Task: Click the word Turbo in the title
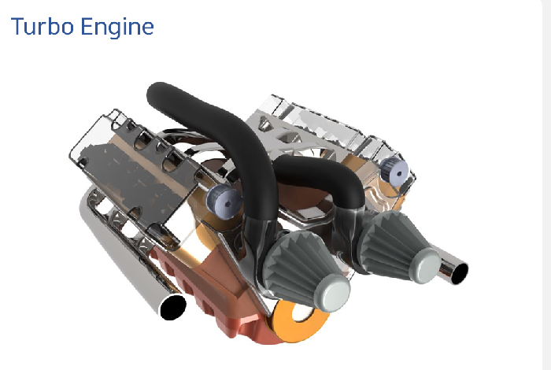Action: click(43, 26)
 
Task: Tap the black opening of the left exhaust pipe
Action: click(173, 308)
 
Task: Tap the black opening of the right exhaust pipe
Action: click(459, 273)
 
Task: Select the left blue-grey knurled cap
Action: click(224, 202)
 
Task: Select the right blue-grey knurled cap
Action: click(394, 172)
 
